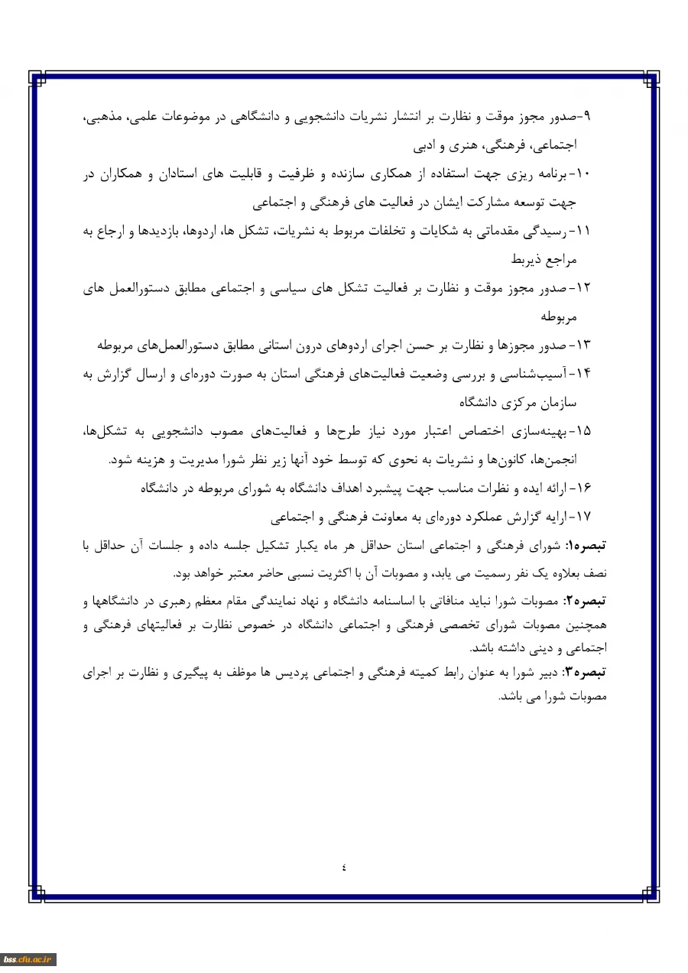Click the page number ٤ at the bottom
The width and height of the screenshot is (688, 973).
(344, 867)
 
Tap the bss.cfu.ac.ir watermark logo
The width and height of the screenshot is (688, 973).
(28, 960)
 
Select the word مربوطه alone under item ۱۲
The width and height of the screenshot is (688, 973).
(558, 316)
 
